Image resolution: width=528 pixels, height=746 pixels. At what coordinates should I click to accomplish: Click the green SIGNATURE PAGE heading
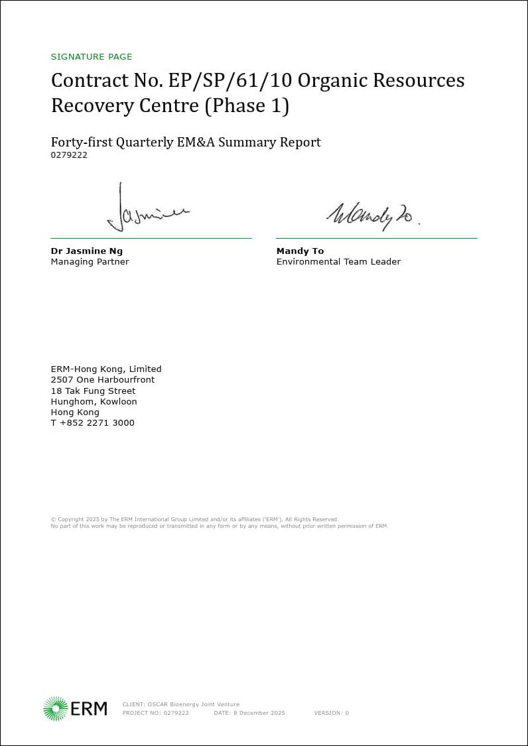pos(92,57)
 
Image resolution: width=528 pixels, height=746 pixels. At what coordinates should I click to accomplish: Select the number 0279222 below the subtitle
pos(69,155)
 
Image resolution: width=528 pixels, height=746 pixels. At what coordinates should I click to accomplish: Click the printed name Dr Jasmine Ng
pos(87,251)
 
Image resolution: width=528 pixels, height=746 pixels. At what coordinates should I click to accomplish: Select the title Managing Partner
pos(90,262)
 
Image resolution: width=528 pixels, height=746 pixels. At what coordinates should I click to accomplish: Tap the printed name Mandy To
pos(300,251)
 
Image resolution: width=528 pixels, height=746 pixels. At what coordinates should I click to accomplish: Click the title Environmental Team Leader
pos(338,262)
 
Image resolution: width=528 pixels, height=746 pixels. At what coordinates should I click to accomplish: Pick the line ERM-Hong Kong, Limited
pos(106,369)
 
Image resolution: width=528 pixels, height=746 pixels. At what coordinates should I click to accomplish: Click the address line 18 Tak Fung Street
pos(93,391)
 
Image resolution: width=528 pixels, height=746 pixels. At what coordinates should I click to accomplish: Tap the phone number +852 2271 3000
pos(97,423)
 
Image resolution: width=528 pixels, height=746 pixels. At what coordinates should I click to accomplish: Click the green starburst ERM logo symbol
pos(55,708)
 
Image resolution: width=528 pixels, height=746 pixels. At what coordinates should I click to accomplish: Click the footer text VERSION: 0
pos(331,714)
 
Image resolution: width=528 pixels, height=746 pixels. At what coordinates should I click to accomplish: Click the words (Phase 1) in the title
pos(247,106)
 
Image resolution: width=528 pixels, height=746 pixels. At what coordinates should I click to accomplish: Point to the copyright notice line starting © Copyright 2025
pos(194,519)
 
